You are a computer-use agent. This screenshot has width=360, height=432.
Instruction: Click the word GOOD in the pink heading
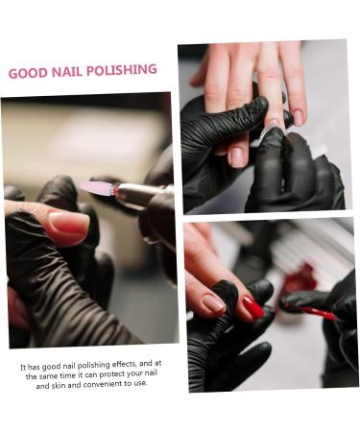point(27,73)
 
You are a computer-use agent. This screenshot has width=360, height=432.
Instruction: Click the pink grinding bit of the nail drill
point(97,188)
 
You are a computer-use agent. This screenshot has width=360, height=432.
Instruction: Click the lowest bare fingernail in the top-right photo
point(237,156)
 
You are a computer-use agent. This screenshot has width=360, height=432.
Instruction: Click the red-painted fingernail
point(252,306)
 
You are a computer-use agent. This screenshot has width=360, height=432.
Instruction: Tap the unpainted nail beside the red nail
point(213,303)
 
